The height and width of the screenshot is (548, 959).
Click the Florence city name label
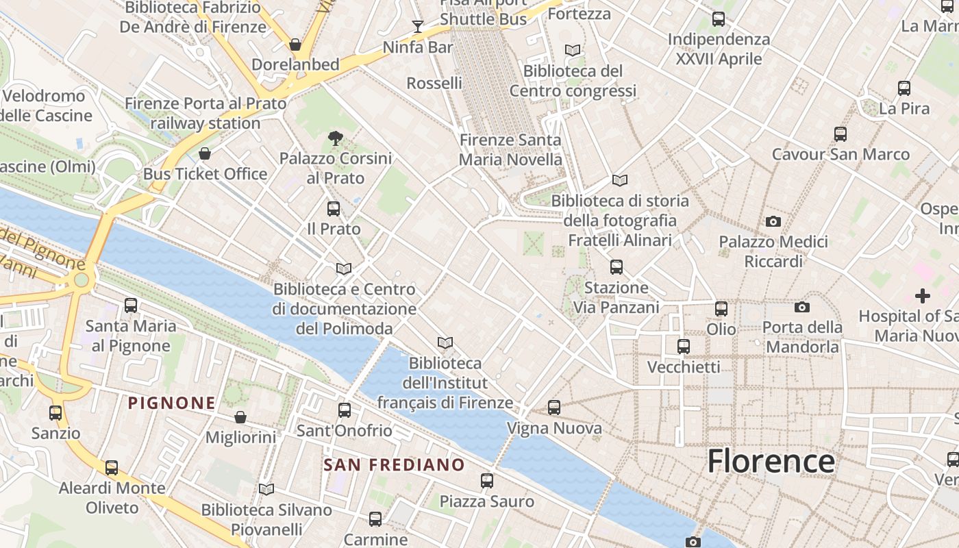pos(771,461)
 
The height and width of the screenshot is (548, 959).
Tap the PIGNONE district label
pos(172,403)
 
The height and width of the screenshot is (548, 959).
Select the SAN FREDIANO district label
pos(394,465)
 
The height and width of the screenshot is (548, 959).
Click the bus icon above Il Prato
pos(334,208)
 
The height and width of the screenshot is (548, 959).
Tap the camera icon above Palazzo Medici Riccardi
pos(773,221)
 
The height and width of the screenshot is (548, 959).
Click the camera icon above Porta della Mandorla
pos(802,307)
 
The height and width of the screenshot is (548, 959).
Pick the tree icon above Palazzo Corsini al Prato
pos(336,138)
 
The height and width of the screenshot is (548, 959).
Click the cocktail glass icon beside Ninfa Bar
pos(418,27)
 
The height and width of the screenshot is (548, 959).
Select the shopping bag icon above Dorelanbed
pos(295,45)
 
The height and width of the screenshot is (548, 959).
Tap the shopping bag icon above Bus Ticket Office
pos(204,153)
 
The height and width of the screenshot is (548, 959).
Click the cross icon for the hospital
pos(923,296)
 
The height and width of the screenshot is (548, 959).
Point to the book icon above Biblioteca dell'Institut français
pos(445,342)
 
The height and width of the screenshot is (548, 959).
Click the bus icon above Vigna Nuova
pos(554,408)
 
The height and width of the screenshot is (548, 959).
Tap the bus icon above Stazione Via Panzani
pos(616,266)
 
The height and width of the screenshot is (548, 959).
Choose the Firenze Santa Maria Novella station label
pos(510,150)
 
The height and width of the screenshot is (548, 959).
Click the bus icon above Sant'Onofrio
pos(345,410)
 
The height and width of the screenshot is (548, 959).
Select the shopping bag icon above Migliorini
pos(240,417)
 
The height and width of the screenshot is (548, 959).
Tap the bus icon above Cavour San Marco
pos(840,134)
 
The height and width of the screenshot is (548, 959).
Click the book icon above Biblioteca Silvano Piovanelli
pos(266,489)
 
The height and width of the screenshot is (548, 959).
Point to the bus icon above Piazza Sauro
pos(487,480)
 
